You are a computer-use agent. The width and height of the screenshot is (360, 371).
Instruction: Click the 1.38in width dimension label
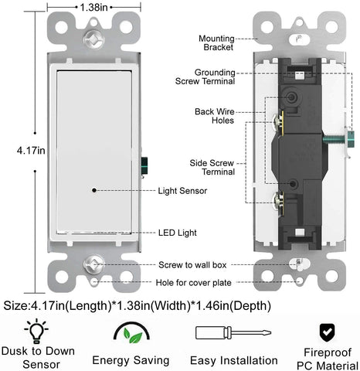pyautogui.click(x=93, y=7)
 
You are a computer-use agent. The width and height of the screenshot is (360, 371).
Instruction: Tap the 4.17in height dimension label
pyautogui.click(x=31, y=150)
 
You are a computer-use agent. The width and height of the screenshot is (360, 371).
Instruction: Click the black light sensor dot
pyautogui.click(x=94, y=190)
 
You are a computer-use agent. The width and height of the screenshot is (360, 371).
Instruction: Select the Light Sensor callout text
pyautogui.click(x=182, y=191)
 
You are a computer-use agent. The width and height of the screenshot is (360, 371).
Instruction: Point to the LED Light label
pyautogui.click(x=178, y=233)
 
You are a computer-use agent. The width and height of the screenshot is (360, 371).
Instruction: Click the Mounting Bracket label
pyautogui.click(x=216, y=43)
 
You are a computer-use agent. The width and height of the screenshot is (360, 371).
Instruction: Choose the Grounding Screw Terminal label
pyautogui.click(x=205, y=77)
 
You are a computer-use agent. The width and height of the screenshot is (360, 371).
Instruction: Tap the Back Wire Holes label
pyautogui.click(x=215, y=116)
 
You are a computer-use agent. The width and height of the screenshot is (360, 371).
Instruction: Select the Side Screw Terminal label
pyautogui.click(x=212, y=167)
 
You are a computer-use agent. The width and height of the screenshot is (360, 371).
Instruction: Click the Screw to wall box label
pyautogui.click(x=192, y=265)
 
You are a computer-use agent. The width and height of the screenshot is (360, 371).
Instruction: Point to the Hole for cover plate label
pyautogui.click(x=194, y=283)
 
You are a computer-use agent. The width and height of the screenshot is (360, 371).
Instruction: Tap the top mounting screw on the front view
pyautogui.click(x=93, y=40)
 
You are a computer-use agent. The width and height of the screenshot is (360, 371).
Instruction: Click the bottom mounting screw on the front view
pyautogui.click(x=93, y=264)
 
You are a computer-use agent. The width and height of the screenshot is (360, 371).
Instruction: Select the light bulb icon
pyautogui.click(x=36, y=331)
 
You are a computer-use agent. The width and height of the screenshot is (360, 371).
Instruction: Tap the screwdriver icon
pyautogui.click(x=233, y=333)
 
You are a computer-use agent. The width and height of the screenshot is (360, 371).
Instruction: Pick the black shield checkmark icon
pyautogui.click(x=327, y=332)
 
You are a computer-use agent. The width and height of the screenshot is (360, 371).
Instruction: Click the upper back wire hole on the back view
pyautogui.click(x=292, y=97)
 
